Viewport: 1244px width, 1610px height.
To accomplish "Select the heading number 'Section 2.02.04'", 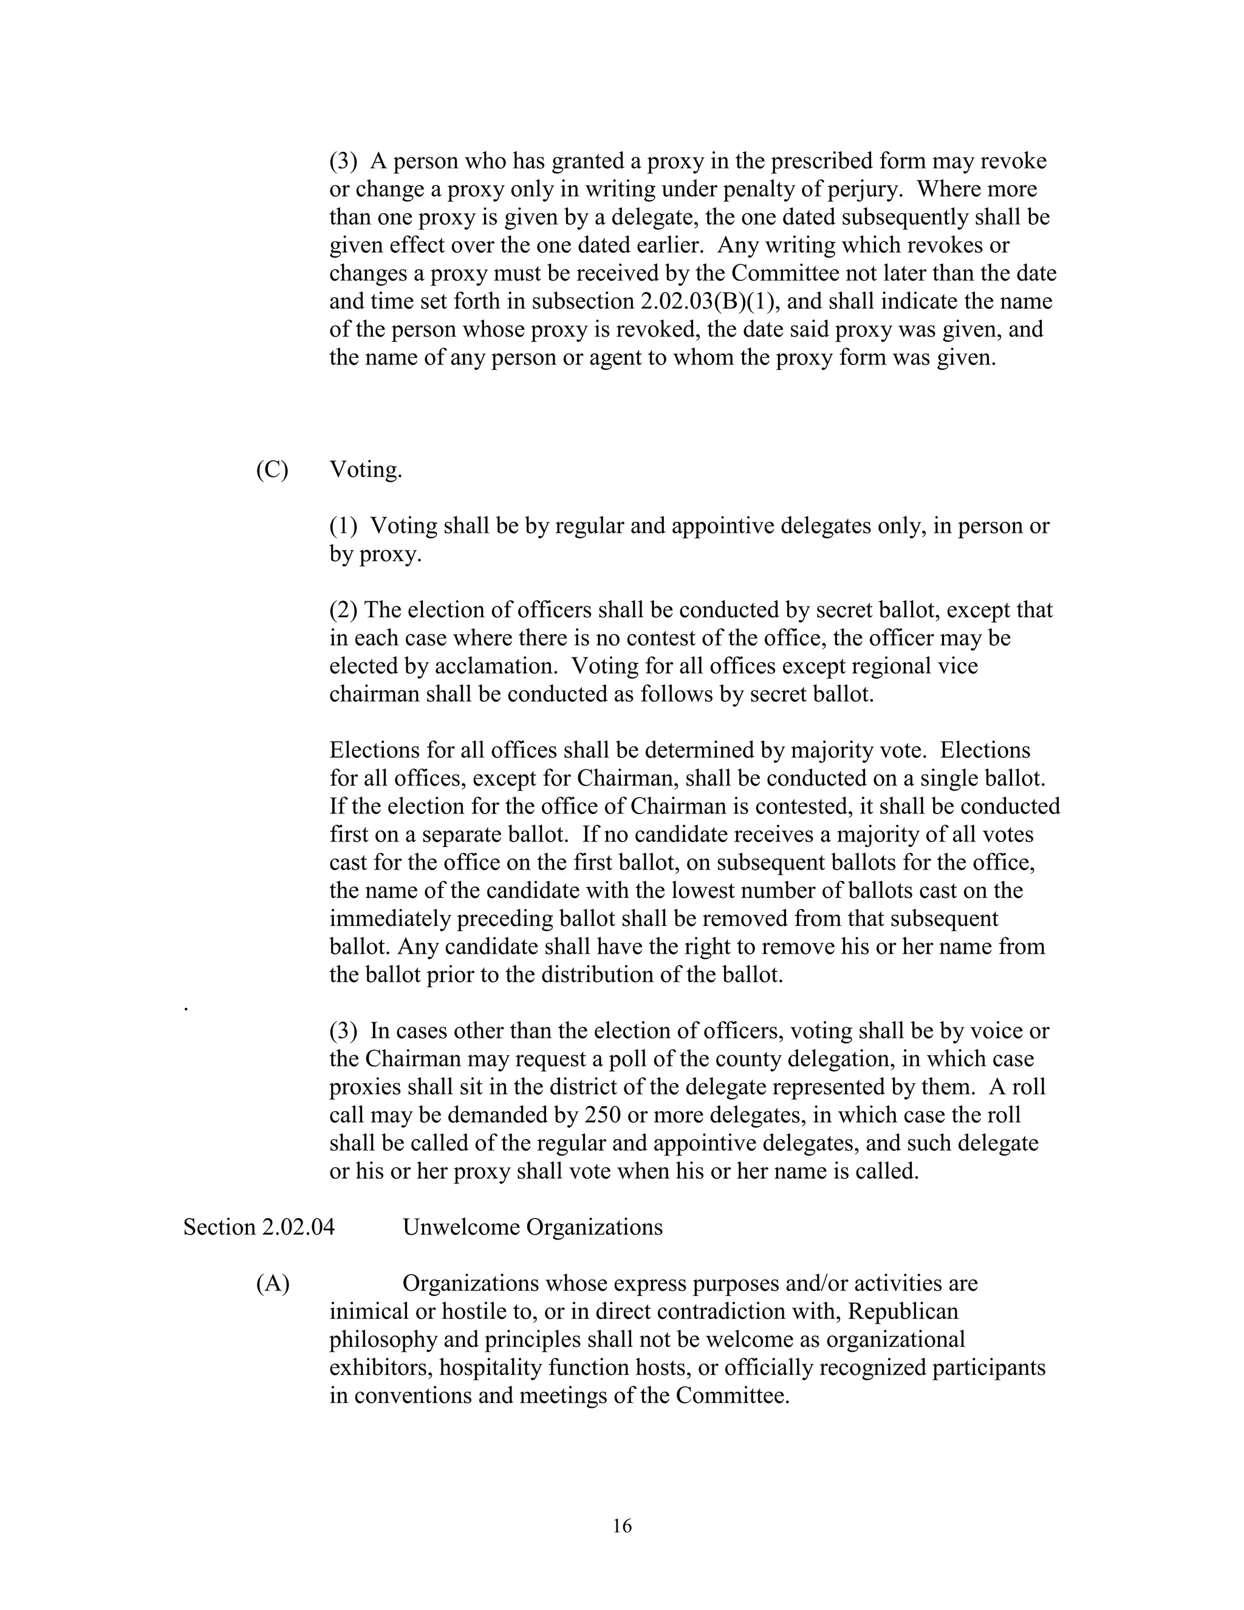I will [259, 1227].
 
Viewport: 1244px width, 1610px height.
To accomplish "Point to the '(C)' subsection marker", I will [272, 470].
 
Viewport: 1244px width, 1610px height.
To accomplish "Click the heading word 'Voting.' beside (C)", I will [366, 470].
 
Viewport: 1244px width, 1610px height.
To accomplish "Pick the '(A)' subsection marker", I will [273, 1283].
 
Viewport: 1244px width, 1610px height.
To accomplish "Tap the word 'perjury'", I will [863, 190].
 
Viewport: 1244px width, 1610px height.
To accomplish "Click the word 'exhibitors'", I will [380, 1368].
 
